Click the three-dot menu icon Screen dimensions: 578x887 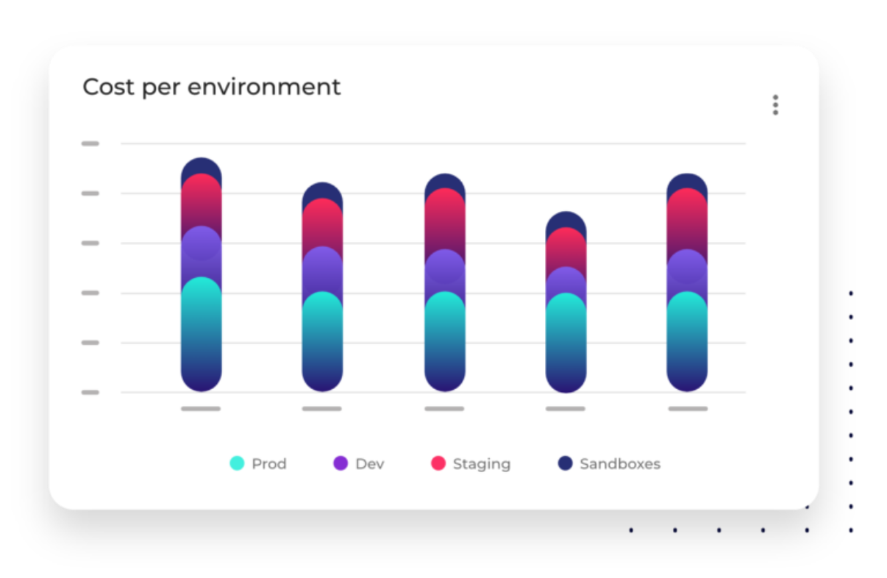click(x=775, y=105)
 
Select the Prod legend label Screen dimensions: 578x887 click(x=268, y=464)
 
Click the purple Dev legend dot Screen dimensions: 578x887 click(x=341, y=463)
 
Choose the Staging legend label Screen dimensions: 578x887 click(x=481, y=464)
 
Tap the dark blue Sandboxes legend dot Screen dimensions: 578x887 click(x=565, y=463)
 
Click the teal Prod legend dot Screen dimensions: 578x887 click(x=237, y=463)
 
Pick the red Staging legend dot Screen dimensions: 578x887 click(x=438, y=463)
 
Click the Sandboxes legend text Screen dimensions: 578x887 click(x=619, y=464)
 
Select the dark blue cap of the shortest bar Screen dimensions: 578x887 click(x=566, y=220)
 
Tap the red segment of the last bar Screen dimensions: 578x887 click(x=687, y=221)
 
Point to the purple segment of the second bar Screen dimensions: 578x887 click(x=322, y=269)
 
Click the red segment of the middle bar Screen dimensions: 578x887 click(x=444, y=221)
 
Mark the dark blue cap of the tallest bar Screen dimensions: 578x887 click(x=201, y=166)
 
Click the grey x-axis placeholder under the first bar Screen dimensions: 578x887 click(x=201, y=408)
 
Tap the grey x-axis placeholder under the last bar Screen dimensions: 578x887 click(x=688, y=408)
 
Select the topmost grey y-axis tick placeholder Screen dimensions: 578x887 click(x=90, y=143)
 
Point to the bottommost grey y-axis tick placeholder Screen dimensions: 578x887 click(x=90, y=392)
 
